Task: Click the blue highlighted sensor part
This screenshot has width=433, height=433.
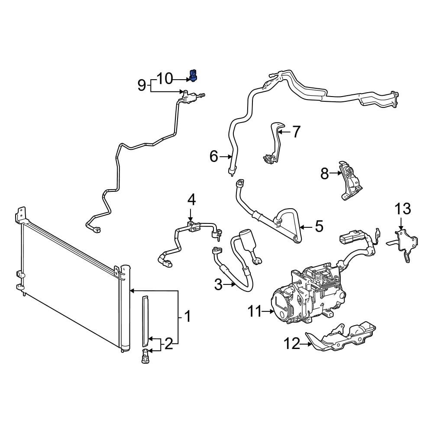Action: click(x=193, y=76)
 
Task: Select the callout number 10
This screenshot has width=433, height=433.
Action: click(x=165, y=79)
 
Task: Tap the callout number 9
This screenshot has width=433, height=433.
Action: click(x=142, y=86)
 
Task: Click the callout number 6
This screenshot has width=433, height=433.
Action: click(x=214, y=157)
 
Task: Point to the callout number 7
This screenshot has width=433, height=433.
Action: click(x=296, y=132)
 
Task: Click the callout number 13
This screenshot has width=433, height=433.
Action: click(x=403, y=209)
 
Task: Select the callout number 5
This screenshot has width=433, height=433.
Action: click(x=319, y=226)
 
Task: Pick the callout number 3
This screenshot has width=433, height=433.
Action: click(x=218, y=285)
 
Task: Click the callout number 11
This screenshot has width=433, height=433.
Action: click(x=254, y=312)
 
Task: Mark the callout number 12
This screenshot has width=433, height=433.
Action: click(x=291, y=344)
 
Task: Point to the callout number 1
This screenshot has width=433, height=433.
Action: click(x=187, y=317)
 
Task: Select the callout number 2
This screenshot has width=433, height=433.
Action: click(x=169, y=344)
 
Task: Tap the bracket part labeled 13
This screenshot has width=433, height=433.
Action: click(x=404, y=243)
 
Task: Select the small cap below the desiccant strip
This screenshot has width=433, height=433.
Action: click(x=145, y=356)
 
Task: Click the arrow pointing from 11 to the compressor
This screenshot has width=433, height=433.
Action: click(x=268, y=311)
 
